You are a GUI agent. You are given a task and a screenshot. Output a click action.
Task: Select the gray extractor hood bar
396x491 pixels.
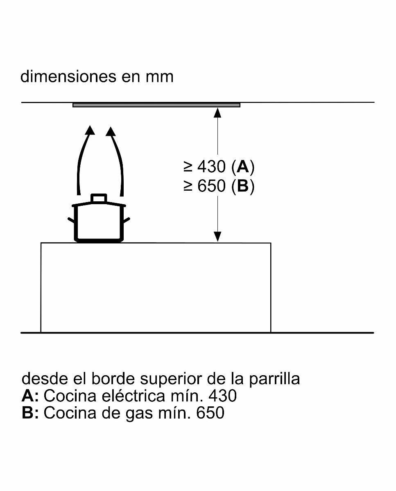(156, 105)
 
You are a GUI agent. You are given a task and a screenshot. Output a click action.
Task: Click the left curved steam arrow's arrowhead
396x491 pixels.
(90, 131)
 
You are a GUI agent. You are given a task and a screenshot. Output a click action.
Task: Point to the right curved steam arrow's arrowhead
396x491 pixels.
(111, 131)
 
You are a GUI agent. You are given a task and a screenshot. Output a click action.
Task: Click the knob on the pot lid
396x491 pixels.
(99, 198)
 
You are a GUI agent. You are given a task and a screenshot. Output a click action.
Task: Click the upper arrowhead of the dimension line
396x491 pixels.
(217, 112)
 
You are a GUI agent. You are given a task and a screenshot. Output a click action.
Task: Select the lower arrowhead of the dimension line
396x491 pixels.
(217, 236)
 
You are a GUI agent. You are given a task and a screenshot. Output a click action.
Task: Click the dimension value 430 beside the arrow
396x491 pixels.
(211, 167)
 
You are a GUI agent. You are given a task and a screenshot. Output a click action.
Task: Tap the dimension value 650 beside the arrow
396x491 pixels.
(211, 186)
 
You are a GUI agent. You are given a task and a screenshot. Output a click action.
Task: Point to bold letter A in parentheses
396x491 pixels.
(243, 167)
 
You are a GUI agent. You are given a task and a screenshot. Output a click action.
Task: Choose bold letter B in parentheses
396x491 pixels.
(243, 186)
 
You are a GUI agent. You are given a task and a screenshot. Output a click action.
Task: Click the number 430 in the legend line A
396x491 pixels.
(222, 396)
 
